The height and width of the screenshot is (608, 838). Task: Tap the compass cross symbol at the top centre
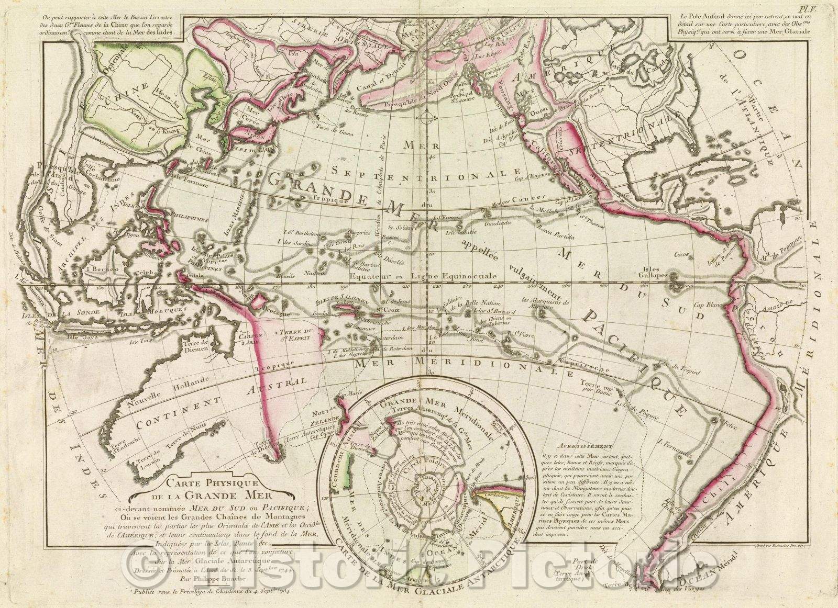pos(427,114)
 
